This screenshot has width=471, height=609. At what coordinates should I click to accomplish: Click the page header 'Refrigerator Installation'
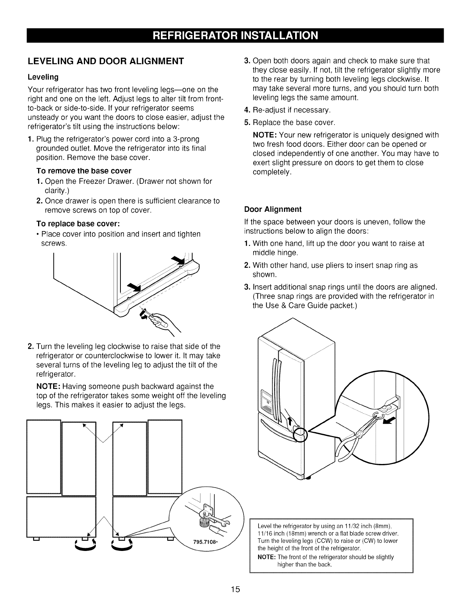tap(235, 35)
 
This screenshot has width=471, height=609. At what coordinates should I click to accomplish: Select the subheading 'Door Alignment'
tap(273, 210)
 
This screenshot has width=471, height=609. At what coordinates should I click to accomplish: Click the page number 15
tap(235, 589)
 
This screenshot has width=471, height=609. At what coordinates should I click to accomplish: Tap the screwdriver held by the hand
tap(154, 317)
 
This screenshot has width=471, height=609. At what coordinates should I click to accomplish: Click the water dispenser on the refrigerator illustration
tap(266, 400)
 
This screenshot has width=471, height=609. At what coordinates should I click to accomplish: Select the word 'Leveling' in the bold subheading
tap(43, 77)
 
